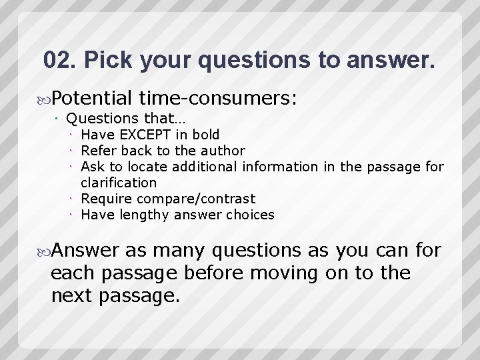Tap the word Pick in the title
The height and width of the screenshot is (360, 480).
pos(109,60)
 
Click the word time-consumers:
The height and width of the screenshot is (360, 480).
pos(218,99)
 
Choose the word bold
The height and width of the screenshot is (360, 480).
pos(205,135)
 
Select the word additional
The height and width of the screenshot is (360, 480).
pos(207,167)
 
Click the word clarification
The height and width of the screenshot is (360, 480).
pos(119,183)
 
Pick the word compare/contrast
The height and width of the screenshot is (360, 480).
pos(196,199)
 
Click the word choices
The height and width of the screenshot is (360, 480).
pos(250,215)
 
